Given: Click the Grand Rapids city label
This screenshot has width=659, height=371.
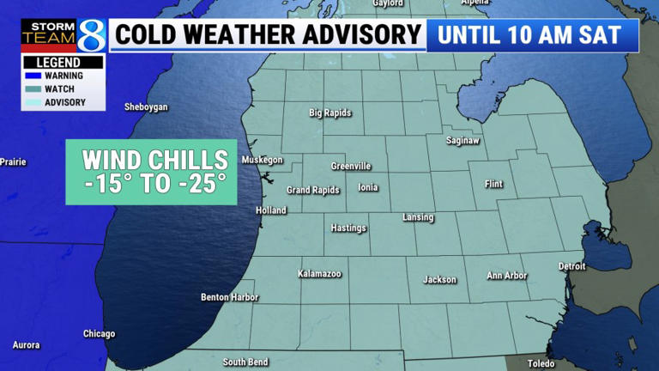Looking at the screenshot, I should coord(313,190).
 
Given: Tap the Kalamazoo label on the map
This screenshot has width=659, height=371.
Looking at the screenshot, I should coord(319,274).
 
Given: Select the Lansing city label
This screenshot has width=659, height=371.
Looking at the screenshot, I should coord(418,217).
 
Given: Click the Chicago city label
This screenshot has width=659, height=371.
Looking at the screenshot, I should coord(99,333).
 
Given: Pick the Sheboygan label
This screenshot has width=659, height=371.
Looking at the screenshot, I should coord(146,107).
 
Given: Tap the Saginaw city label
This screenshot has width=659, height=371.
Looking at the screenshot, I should coord(463,141).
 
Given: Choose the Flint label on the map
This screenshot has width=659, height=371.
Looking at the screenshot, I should coord(493,184).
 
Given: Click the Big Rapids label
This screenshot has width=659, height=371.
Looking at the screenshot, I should coord(330,113).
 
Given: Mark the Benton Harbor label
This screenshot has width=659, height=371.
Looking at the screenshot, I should coord(229,298).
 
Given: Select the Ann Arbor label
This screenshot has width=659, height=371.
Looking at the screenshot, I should coord(507,276).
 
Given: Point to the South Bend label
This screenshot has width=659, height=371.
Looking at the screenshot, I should coord(246,362).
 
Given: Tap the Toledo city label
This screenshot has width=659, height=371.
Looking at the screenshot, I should coord(541,363).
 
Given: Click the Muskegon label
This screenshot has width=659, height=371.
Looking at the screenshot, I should coord(262,161).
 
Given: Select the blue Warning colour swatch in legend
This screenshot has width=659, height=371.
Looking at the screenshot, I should coord(33,76).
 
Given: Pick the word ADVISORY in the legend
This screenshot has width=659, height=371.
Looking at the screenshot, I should coord(65,102).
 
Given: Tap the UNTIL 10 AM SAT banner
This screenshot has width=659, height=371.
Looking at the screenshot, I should coord(533,36).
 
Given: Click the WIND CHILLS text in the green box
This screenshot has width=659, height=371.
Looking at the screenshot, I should coord(155,160).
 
